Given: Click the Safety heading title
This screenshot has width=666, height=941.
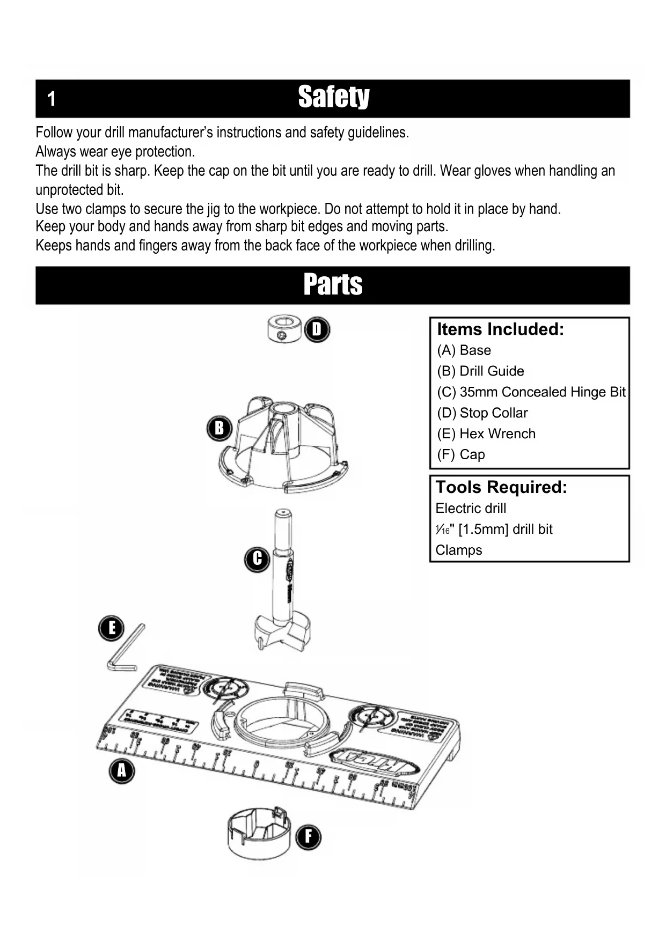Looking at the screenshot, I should point(333,97).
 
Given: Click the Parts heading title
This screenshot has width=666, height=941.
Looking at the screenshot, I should point(333,284).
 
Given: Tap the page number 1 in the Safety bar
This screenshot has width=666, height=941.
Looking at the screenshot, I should point(51,99).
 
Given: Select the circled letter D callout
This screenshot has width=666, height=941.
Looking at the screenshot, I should point(317,329).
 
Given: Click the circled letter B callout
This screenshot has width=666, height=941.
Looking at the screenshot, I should point(219,428).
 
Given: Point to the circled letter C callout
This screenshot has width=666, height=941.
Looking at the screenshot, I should point(257,559).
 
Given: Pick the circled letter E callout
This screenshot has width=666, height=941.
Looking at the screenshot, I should point(112,628).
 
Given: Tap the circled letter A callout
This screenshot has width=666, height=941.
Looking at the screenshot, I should point(122,771).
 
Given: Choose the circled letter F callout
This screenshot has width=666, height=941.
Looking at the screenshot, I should point(308,837).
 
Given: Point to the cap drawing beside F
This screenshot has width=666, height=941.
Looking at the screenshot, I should point(258,832).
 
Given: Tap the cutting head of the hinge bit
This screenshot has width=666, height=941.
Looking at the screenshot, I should point(282,633).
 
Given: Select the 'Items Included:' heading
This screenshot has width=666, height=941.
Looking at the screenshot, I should point(500,329).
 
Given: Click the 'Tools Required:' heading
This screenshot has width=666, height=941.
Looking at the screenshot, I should point(501,487).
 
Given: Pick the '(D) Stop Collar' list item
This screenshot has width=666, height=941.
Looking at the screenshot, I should point(482,413).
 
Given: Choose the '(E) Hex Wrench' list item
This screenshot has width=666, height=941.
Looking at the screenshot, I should point(486,434).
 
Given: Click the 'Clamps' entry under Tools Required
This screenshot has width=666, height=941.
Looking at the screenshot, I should point(458,550).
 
